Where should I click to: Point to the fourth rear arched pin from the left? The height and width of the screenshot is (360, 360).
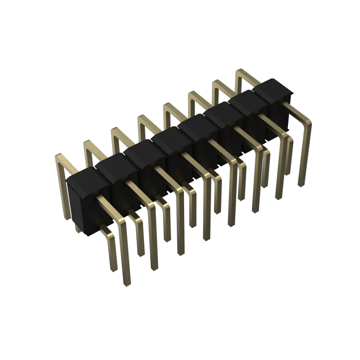[144, 117]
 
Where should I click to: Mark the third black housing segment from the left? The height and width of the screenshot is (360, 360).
[142, 147]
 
